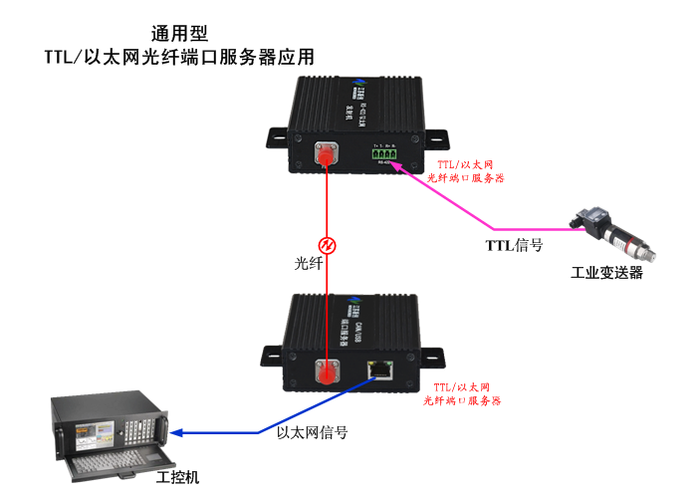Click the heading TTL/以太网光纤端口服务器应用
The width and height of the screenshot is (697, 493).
[179, 58]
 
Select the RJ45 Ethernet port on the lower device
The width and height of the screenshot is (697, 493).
[379, 369]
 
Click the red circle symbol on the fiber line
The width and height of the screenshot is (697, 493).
[326, 245]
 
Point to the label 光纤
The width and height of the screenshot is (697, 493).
[308, 265]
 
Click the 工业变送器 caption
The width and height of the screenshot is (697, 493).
[606, 273]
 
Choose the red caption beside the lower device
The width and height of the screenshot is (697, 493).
[461, 392]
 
